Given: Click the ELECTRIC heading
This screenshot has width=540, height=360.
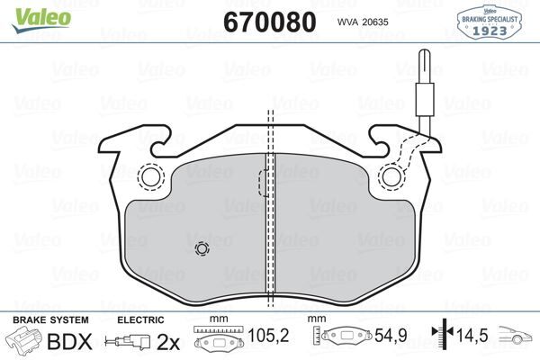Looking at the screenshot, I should (140, 319).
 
